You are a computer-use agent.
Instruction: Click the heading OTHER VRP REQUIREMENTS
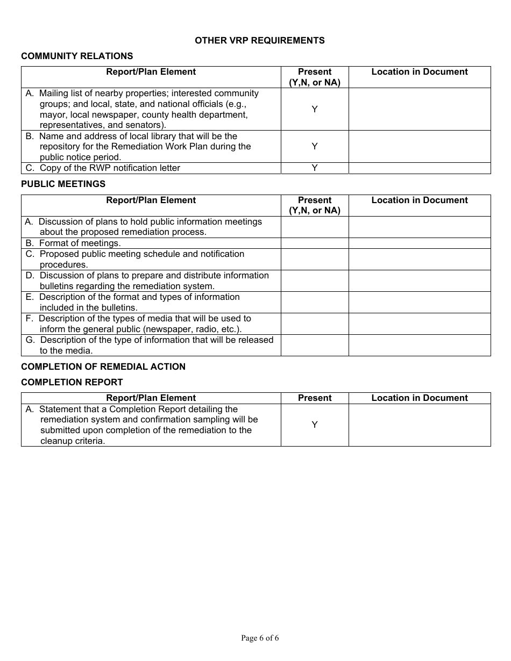[259, 40]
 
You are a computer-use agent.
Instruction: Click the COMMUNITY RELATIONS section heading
[77, 56]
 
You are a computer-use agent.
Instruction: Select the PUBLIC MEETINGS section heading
[63, 184]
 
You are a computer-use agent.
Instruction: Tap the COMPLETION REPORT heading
[72, 382]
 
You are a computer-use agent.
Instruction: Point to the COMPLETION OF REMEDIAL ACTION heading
[103, 367]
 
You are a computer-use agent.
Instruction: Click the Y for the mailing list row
[315, 109]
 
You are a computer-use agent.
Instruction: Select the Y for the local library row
[315, 146]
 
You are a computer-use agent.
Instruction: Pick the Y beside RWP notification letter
[315, 168]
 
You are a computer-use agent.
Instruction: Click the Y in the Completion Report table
[315, 425]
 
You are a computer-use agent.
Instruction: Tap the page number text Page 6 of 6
[260, 638]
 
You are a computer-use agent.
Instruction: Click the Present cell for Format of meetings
[315, 243]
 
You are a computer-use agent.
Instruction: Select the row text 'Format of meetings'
[80, 243]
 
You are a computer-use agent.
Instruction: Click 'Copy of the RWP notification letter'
[110, 168]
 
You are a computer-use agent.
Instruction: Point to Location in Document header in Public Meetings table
[420, 200]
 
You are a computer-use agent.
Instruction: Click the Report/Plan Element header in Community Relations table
[151, 72]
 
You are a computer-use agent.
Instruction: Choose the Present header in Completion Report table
[315, 398]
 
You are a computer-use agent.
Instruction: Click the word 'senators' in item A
[143, 125]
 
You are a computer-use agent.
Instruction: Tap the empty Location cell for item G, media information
[420, 345]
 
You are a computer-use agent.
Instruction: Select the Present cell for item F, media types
[315, 324]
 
